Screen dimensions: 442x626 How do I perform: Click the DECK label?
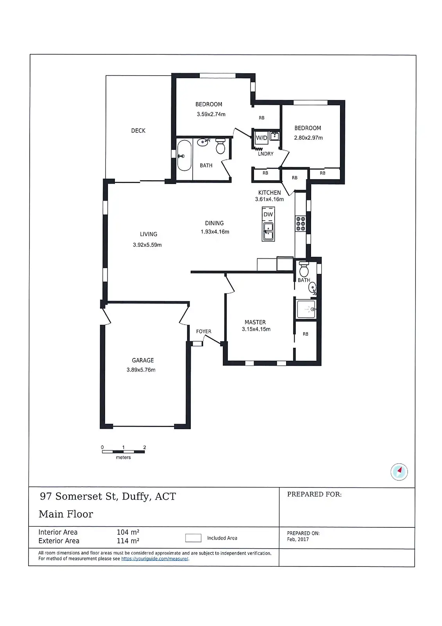click(138, 131)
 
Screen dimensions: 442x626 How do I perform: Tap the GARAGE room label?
click(143, 360)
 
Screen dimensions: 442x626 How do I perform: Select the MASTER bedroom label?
click(255, 322)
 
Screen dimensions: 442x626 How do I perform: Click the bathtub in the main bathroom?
click(184, 155)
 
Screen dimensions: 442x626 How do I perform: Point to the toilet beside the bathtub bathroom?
click(220, 146)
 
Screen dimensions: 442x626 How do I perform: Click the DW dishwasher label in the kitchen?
click(268, 214)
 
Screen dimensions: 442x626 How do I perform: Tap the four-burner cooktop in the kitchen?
click(301, 223)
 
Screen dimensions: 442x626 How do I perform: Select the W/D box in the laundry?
click(261, 138)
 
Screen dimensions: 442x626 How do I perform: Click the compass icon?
click(399, 471)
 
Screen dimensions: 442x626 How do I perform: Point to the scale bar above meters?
click(123, 452)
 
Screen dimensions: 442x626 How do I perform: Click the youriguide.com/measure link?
click(155, 559)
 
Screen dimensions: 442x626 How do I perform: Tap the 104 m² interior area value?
click(128, 532)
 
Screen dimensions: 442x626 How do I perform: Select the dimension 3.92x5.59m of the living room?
click(147, 245)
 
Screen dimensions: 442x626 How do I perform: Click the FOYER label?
click(204, 331)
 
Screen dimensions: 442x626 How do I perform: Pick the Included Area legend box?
click(193, 538)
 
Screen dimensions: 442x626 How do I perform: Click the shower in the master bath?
click(306, 309)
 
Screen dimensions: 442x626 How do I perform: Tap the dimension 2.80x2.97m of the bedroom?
click(308, 138)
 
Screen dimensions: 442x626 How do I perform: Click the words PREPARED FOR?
click(314, 495)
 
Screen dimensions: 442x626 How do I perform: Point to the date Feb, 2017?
click(298, 539)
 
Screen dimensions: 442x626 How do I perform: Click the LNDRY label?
click(266, 154)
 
